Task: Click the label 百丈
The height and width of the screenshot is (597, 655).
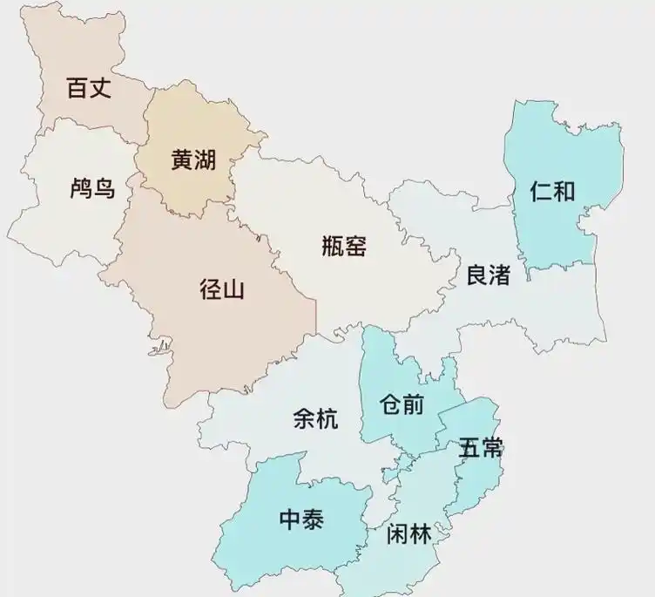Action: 90,88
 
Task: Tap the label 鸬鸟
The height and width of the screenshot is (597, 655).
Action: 92,188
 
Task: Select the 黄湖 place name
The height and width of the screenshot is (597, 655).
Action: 192,160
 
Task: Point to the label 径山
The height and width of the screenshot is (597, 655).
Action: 222,289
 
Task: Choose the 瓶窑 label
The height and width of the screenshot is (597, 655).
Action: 344,246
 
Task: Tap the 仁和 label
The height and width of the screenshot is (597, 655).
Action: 552,191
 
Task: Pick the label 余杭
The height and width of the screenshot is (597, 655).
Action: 315,419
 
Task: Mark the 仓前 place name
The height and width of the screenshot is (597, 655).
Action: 402,404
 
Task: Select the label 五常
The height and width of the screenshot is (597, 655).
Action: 481,449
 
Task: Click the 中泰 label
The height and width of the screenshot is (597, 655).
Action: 301,520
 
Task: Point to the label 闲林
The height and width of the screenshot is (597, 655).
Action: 409,534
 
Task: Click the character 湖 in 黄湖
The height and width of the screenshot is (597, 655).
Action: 205,160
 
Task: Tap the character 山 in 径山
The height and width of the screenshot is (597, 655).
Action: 234,289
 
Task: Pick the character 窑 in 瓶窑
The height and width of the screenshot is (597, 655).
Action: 356,246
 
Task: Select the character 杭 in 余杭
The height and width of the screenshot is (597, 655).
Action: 327,419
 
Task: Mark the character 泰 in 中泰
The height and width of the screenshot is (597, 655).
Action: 314,520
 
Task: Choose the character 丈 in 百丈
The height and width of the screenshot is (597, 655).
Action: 101,88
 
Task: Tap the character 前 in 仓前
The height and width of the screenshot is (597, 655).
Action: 414,404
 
